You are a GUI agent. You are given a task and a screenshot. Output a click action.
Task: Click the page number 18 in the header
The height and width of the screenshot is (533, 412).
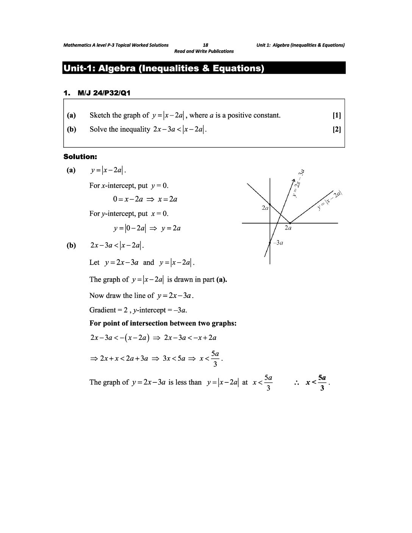[206, 45]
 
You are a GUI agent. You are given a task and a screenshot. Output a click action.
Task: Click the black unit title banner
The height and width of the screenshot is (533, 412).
[204, 68]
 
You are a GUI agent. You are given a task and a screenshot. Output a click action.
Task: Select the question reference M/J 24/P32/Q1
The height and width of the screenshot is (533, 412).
[103, 93]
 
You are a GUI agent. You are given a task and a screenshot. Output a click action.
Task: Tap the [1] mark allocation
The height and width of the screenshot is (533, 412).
[336, 115]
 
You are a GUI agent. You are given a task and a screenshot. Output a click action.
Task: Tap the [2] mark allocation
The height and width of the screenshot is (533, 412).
[336, 129]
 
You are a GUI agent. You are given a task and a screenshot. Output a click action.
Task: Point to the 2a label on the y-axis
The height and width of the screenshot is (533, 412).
[265, 207]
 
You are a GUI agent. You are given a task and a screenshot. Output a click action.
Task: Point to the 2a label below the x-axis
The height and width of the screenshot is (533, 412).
[288, 228]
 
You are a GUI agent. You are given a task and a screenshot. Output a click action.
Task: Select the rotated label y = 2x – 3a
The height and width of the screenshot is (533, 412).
[299, 183]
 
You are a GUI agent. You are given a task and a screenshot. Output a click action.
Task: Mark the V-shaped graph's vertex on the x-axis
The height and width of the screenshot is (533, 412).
[290, 223]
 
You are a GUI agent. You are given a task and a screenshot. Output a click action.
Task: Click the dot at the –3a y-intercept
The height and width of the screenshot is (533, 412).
[270, 243]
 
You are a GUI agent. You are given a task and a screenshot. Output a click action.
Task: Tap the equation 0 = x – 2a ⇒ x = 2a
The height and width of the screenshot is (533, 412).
[145, 199]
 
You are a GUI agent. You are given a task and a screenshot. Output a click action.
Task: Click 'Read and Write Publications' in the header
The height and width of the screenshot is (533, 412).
[204, 51]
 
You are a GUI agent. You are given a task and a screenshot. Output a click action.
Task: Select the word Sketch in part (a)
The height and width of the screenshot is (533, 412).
[100, 115]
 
